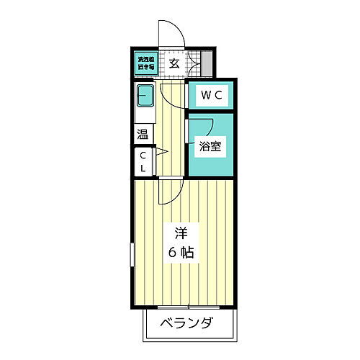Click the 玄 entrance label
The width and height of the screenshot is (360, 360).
click(x=174, y=63)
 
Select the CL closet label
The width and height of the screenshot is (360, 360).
click(x=143, y=161)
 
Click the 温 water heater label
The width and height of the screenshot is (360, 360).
click(x=143, y=135)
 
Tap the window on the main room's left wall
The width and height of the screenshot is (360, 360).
click(x=132, y=256)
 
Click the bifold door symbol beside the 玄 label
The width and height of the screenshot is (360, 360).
click(x=192, y=63)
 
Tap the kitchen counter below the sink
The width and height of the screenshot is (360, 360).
click(x=145, y=113)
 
